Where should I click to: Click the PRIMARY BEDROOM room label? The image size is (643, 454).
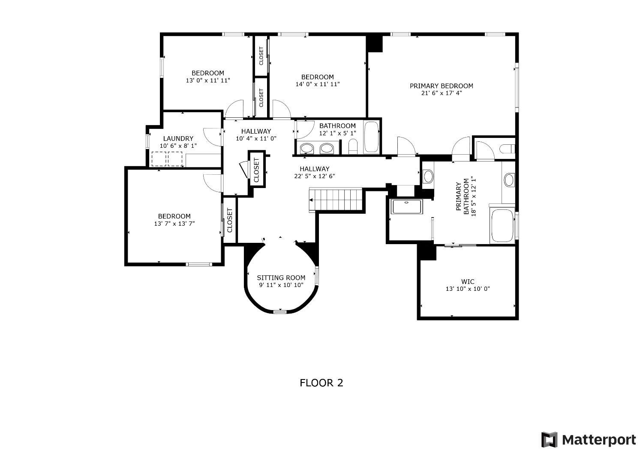click(x=442, y=86)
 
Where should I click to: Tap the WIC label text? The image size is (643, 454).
click(x=468, y=281)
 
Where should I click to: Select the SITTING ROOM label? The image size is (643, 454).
click(x=281, y=278)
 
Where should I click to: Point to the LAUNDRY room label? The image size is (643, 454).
click(x=178, y=138)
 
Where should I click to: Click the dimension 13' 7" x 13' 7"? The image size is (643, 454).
click(x=174, y=224)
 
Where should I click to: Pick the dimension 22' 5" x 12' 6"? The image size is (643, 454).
click(x=314, y=176)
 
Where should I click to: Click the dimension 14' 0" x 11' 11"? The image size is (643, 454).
click(x=317, y=84)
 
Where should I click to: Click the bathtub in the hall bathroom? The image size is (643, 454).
click(x=371, y=137)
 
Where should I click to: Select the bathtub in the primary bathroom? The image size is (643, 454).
click(x=502, y=225)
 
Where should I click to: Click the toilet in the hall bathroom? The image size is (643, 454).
click(x=353, y=147)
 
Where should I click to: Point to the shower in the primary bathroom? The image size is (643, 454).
click(x=406, y=207)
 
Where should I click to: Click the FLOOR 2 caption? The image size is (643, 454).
click(x=321, y=382)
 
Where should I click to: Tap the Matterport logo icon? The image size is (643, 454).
click(x=549, y=440)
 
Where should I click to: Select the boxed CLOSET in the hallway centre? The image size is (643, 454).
click(x=257, y=170)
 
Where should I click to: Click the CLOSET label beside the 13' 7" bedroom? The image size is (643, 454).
click(x=229, y=220)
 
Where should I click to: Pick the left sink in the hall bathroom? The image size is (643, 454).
click(x=306, y=149)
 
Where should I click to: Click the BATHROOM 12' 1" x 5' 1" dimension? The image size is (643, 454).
click(x=337, y=133)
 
